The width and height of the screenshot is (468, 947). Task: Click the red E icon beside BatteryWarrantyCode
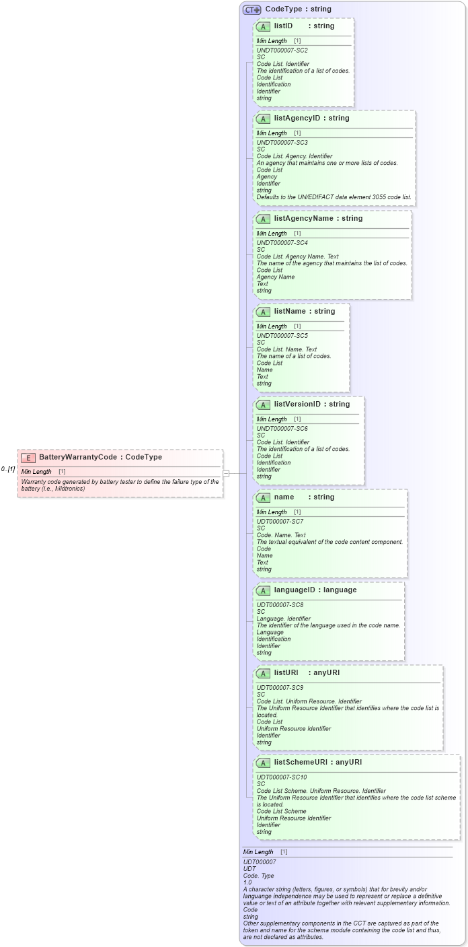28,457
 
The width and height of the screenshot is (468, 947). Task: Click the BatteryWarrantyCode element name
77,457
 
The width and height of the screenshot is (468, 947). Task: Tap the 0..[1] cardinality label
8,468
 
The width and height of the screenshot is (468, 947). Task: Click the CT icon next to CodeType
251,9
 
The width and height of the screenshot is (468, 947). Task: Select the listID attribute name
283,26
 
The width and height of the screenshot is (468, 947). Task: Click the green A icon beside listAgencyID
264,118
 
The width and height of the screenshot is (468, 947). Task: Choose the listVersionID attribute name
297,405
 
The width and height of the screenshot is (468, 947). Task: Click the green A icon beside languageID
264,590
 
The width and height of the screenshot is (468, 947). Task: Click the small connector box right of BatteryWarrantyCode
227,473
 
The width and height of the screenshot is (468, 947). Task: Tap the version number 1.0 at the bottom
247,882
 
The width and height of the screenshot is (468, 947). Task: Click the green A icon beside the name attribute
264,497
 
